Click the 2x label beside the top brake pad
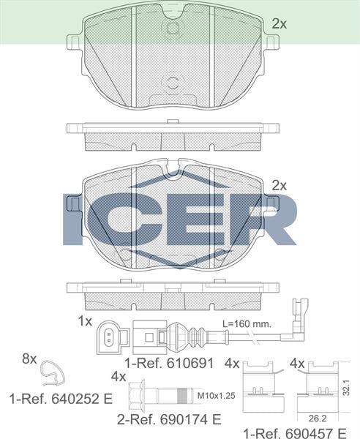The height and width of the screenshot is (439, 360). point(278,24)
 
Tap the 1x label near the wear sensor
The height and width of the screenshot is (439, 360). point(85,320)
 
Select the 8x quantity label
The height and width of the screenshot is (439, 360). point(29,359)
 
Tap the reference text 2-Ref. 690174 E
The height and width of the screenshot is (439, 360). point(169,420)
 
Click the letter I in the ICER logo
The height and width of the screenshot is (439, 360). point(75,219)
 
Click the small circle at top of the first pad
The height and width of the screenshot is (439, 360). point(173,28)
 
